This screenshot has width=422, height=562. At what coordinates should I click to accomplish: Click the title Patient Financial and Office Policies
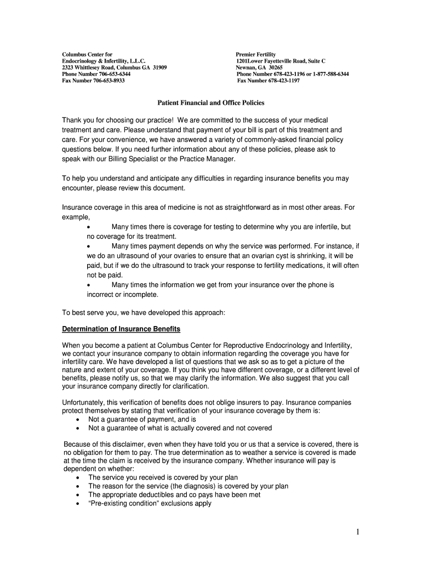coord(211,102)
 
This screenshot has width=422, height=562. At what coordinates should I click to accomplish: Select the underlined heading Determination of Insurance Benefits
coord(121,329)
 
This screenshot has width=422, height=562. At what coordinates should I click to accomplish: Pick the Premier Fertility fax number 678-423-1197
coord(284,81)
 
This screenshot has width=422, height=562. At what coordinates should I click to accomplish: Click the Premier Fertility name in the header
coord(256,55)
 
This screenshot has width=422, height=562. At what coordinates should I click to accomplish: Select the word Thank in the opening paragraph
coord(71,120)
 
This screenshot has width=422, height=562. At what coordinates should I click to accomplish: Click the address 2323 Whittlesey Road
coord(93,68)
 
